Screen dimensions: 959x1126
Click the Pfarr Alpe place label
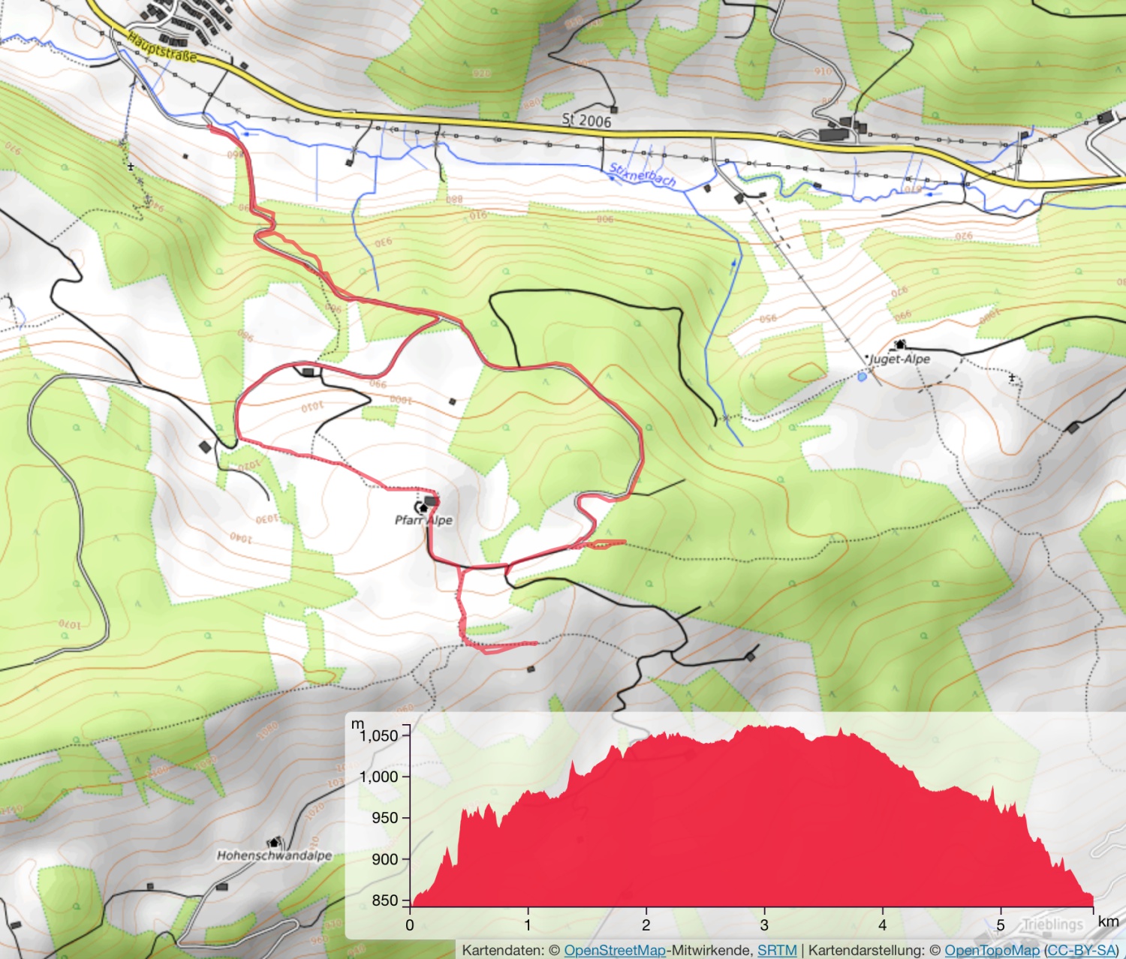click(x=423, y=520)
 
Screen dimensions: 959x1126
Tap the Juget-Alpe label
click(x=899, y=359)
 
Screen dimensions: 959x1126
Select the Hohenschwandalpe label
click(x=274, y=855)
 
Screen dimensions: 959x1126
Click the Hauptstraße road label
click(x=161, y=47)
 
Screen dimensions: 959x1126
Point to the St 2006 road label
click(x=586, y=120)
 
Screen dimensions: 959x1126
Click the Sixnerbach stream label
click(x=643, y=175)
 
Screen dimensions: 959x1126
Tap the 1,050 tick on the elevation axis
click(x=379, y=735)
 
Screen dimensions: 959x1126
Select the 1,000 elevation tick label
click(x=379, y=777)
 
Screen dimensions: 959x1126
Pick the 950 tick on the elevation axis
click(x=385, y=818)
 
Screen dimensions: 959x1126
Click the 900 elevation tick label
click(x=385, y=859)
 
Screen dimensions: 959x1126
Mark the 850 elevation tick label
click(x=385, y=900)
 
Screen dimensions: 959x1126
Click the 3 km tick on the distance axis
click(x=764, y=925)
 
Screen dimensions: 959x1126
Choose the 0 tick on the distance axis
click(x=410, y=925)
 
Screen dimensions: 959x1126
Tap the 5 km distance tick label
click(x=1001, y=925)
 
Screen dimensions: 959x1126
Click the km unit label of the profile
click(x=1108, y=921)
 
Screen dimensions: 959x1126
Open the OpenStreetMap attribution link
click(x=615, y=950)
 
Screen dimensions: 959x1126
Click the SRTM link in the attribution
click(x=777, y=950)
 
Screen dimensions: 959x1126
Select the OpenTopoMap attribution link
click(x=992, y=950)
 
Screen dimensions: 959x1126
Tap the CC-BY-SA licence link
click(x=1081, y=950)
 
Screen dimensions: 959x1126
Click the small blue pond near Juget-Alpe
click(x=862, y=377)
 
